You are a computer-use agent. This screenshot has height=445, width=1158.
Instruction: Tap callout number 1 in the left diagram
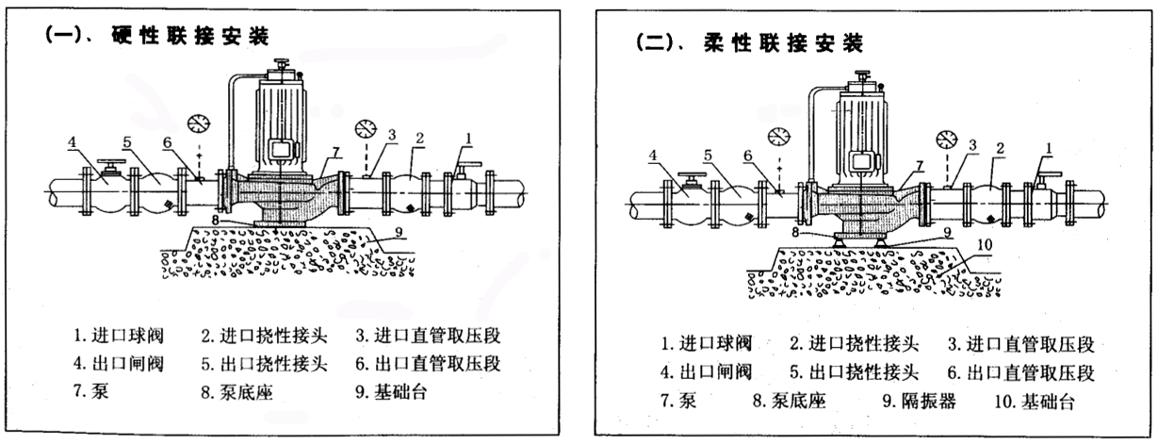[x=465, y=137]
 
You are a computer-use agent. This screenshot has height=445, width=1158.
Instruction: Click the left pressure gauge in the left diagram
[x=198, y=123]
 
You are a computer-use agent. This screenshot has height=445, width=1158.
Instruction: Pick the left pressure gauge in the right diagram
[x=778, y=136]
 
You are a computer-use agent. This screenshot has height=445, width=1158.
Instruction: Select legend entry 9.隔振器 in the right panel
[x=919, y=401]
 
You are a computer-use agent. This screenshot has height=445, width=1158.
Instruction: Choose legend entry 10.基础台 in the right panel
[x=1034, y=401]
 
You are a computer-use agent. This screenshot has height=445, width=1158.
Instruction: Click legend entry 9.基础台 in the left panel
[x=395, y=390]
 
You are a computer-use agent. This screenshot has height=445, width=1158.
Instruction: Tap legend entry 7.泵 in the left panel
[x=91, y=390]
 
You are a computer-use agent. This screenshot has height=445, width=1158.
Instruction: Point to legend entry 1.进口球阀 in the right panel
[x=701, y=344]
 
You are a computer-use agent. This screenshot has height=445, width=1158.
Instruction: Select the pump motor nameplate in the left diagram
[x=280, y=150]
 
